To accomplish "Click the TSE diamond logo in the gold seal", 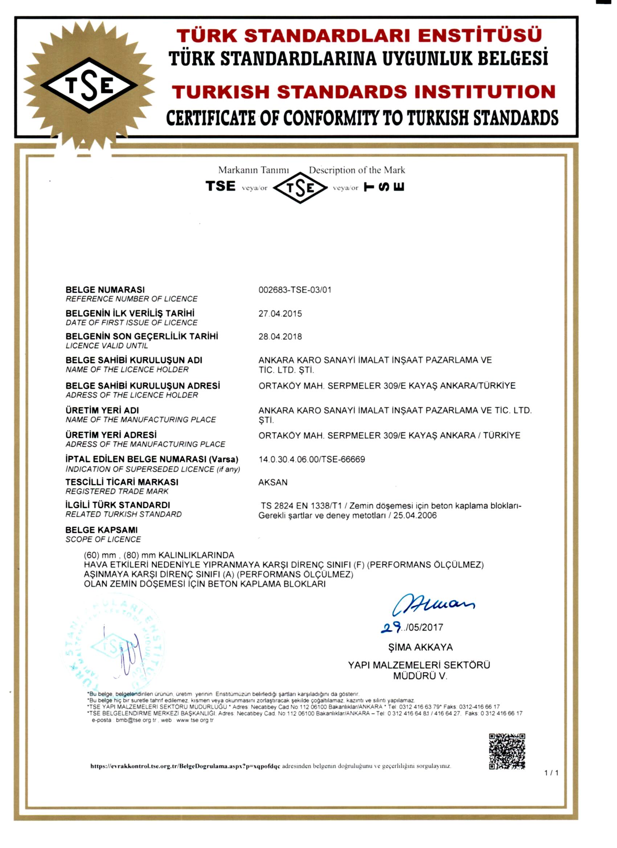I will (89, 85).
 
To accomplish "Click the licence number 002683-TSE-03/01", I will (295, 290).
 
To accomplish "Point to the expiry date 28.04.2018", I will (280, 337).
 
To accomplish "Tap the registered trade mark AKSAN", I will (273, 482).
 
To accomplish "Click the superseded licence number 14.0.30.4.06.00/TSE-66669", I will (312, 459).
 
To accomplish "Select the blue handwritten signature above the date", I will (433, 603).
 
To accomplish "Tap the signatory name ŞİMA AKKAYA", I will (420, 647).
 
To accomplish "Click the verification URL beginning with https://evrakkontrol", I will (185, 766).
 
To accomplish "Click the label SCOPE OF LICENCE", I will (103, 539).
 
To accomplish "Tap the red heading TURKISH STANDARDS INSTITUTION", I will (363, 92).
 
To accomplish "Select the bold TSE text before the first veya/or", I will (220, 186).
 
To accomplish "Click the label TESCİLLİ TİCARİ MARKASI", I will (122, 482).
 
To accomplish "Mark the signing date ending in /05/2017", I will (412, 627).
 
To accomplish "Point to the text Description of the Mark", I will (356, 170).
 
